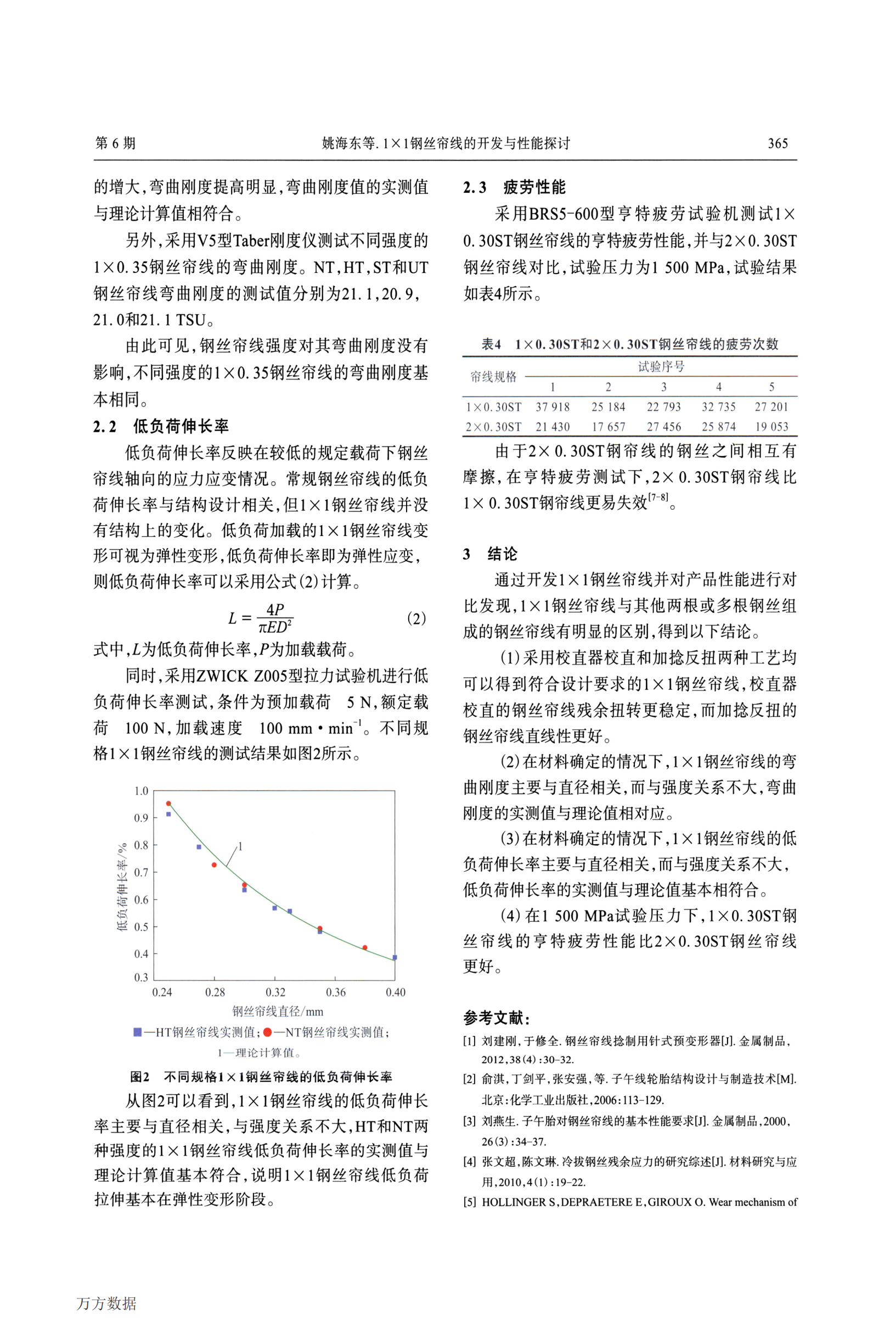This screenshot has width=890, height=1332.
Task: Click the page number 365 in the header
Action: (777, 143)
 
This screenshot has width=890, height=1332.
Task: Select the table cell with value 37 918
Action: (553, 406)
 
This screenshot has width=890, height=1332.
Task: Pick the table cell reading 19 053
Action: (771, 427)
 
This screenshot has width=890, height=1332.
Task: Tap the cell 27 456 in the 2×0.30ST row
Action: (663, 427)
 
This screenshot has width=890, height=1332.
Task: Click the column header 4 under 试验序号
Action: (718, 387)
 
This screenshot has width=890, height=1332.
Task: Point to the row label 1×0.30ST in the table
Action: (493, 406)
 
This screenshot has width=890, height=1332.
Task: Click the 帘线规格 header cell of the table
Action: (493, 377)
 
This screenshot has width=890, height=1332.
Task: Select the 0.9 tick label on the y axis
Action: (141, 818)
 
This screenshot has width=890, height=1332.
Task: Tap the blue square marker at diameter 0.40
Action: (395, 958)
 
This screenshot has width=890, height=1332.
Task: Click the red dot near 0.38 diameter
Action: (364, 948)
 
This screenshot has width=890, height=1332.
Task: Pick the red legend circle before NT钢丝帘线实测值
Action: (267, 1032)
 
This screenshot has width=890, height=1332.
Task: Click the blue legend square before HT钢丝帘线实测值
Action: (137, 1032)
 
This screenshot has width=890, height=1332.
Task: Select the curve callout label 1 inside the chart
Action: (240, 846)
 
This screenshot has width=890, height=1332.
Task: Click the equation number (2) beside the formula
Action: (416, 618)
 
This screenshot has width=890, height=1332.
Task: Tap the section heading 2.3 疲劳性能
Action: (514, 187)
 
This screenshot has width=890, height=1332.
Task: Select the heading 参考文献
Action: (496, 1017)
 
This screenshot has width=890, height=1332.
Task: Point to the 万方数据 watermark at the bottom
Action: (106, 1303)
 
